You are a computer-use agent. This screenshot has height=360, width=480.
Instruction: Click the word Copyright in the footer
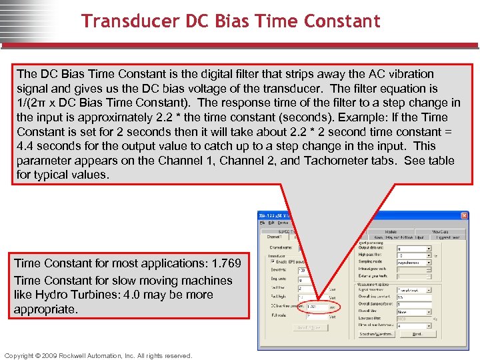click(22, 355)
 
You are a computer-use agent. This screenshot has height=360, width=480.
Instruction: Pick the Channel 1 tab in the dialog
click(275, 237)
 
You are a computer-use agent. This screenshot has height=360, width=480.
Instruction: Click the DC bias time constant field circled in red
click(315, 307)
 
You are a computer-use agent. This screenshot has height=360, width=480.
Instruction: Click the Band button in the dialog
click(417, 334)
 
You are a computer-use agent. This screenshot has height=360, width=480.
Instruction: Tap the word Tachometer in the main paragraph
click(336, 161)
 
